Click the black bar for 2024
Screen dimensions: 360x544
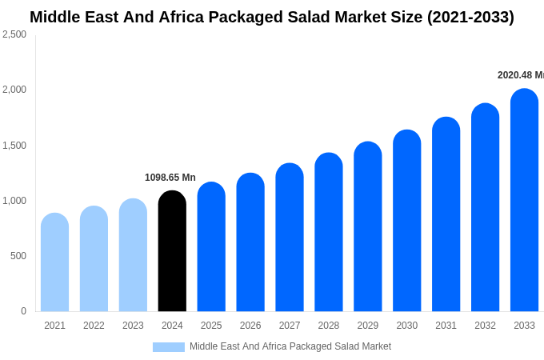pos(172,252)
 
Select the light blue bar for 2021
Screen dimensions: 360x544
pos(54,263)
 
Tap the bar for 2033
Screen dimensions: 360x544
pos(524,201)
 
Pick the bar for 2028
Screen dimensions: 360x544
pos(329,233)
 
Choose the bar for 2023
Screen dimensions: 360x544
pos(133,256)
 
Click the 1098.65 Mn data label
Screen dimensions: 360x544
pos(170,178)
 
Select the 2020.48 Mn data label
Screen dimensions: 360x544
pos(520,75)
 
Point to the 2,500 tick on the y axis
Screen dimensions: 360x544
pos(14,34)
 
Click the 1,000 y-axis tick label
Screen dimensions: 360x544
pos(14,201)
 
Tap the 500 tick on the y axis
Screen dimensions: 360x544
pos(18,256)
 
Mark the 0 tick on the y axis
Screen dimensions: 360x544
pos(23,311)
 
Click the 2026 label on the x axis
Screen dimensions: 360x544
pos(250,326)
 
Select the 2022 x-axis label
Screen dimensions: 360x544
pos(94,326)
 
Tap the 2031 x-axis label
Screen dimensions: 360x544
pos(446,326)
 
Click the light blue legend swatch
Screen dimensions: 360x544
pos(168,347)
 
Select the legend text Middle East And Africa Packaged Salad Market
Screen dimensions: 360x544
pos(290,346)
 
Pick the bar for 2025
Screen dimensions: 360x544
pos(211,247)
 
